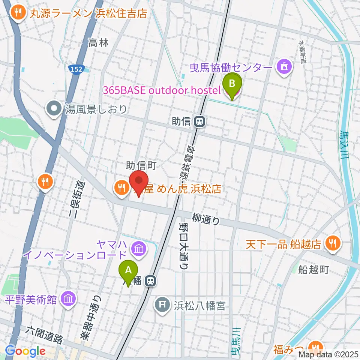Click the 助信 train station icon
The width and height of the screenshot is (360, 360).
tap(199, 121)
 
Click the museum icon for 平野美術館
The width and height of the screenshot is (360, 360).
tap(69, 299)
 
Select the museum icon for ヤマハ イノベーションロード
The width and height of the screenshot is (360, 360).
tap(139, 248)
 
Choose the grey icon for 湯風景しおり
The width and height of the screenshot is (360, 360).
tap(54, 109)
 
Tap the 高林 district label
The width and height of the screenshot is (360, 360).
tap(99, 43)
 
